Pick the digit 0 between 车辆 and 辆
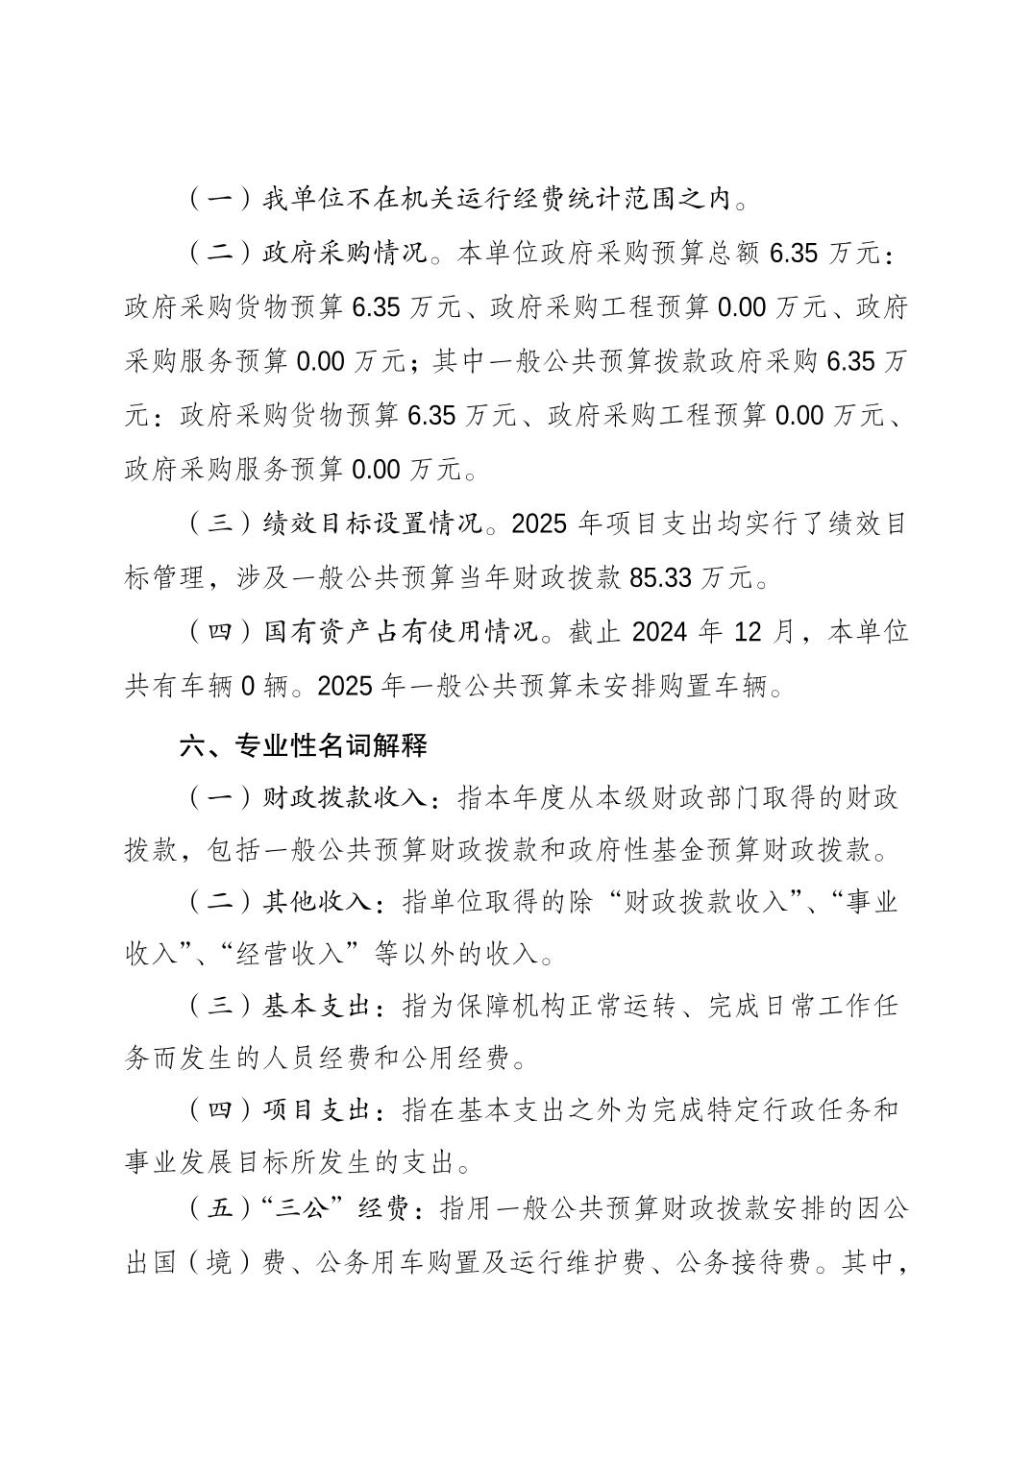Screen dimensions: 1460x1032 pos(247,687)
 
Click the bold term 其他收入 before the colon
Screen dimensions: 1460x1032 pos(317,902)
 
